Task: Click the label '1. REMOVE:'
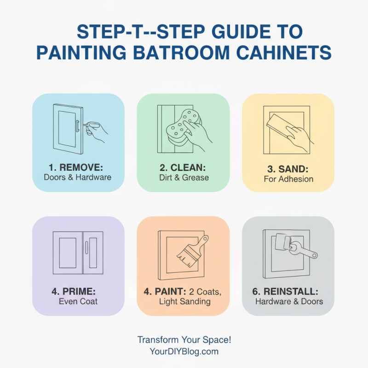point(77,167)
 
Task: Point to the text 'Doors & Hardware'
point(77,177)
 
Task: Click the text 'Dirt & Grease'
point(183,177)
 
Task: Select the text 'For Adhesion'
point(288,179)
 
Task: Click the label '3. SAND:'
point(288,168)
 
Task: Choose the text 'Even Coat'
point(78,302)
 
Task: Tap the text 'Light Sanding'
point(184,302)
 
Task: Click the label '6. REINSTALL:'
point(288,291)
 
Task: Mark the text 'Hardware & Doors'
point(289,302)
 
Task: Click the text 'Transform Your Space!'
point(184,340)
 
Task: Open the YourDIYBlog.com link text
point(184,351)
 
